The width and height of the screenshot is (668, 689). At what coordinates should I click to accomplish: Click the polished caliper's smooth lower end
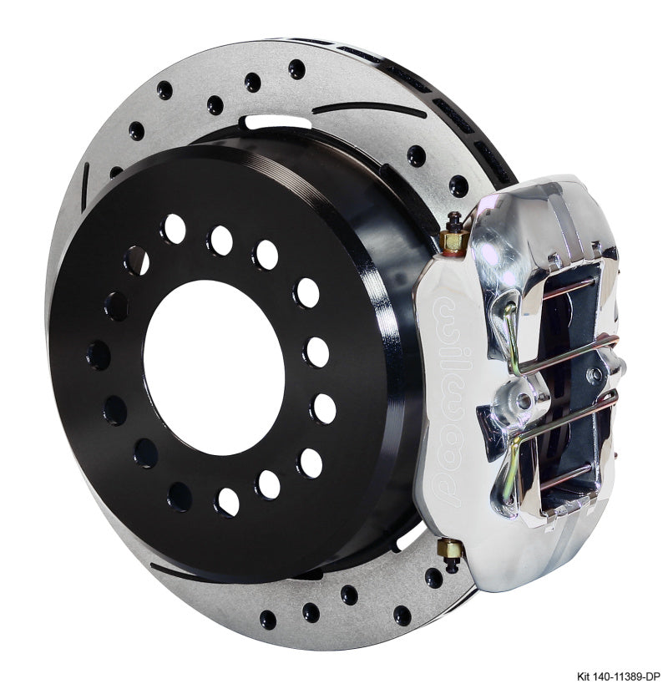pyautogui.click(x=501, y=560)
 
